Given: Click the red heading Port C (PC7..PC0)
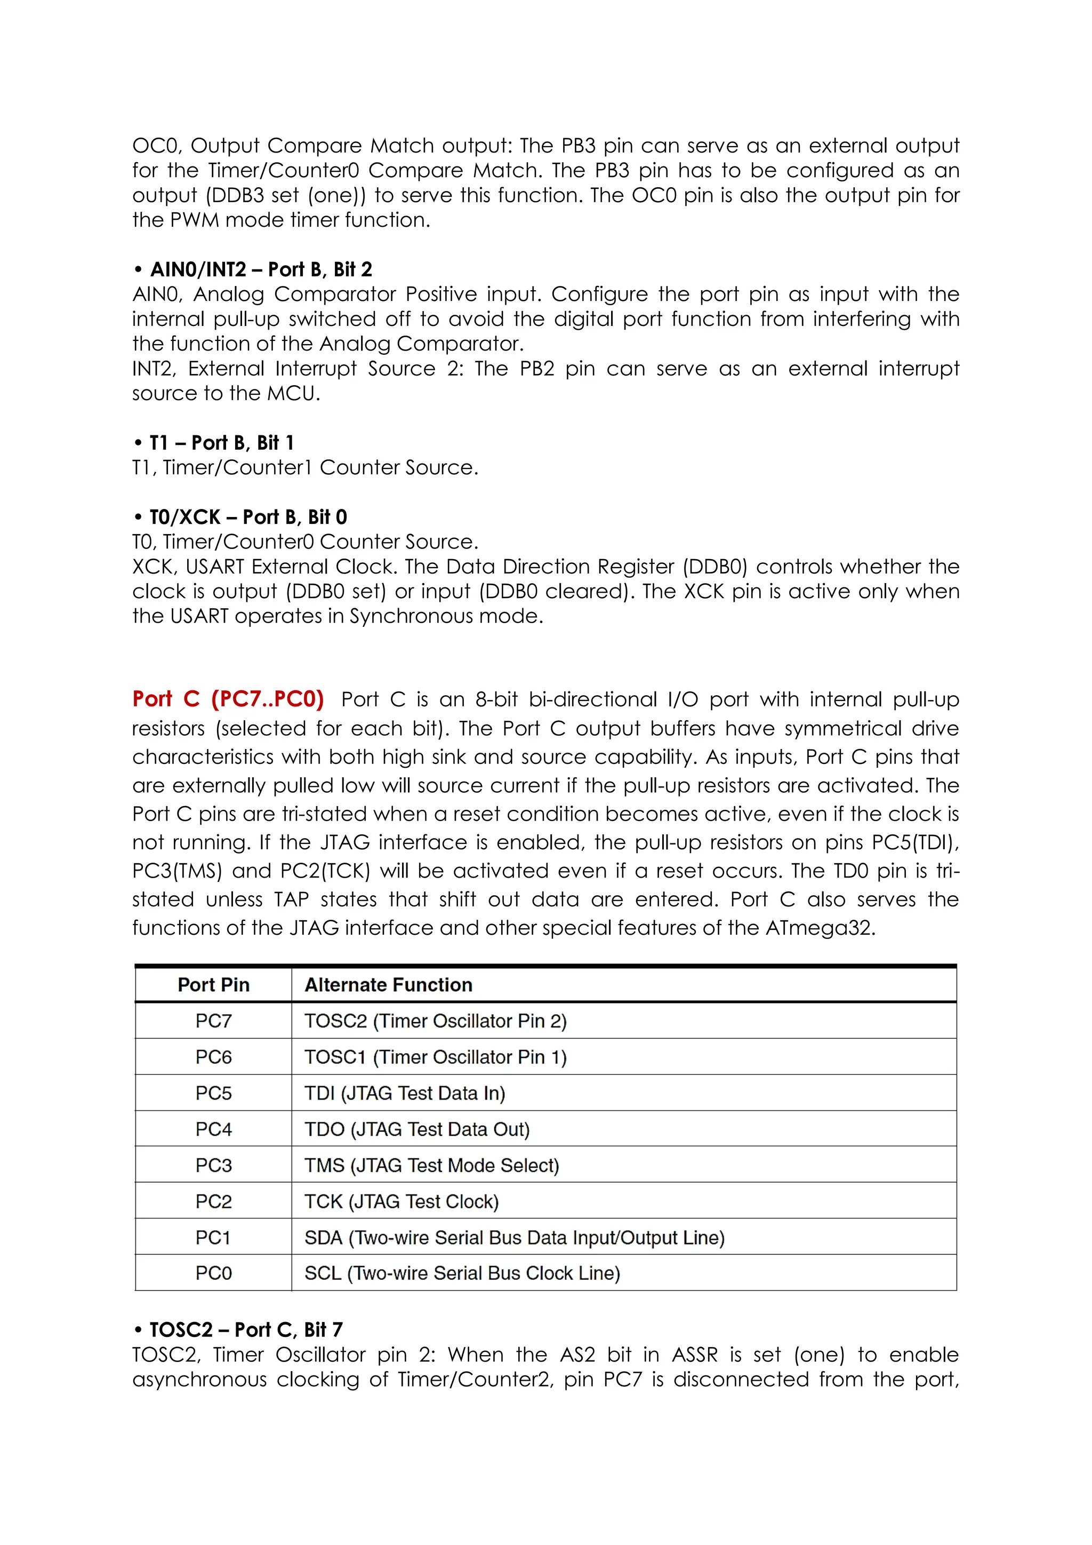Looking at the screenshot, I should point(228,699).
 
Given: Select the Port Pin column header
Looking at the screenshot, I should point(213,985).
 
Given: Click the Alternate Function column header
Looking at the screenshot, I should point(388,985).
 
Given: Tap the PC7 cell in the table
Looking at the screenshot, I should point(213,1022).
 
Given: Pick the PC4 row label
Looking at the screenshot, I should point(213,1129).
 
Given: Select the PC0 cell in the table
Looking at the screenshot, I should point(213,1273).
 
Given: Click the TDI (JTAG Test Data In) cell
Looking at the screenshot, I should point(404,1094).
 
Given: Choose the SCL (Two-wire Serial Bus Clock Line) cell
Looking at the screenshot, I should point(462,1273).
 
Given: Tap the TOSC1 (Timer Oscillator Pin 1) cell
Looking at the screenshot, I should point(435,1057).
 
